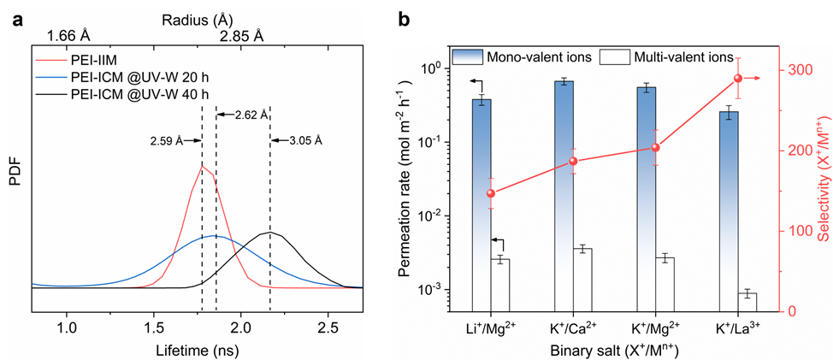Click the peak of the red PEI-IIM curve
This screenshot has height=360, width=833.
point(202,166)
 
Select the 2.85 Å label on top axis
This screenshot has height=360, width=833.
point(241,36)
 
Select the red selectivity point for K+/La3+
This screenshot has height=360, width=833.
point(739,79)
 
